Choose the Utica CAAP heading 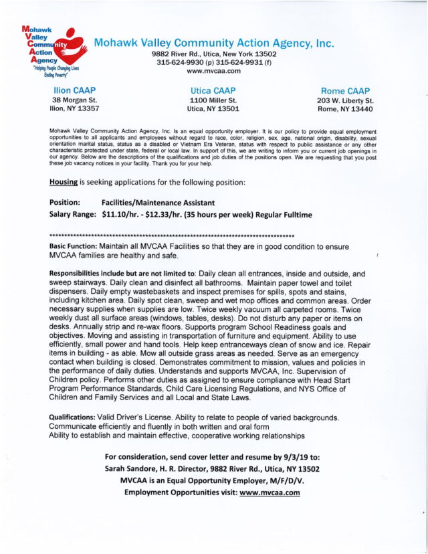[213, 90]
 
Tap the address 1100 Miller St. [213, 100]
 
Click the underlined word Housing [64, 181]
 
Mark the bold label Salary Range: [74, 215]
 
